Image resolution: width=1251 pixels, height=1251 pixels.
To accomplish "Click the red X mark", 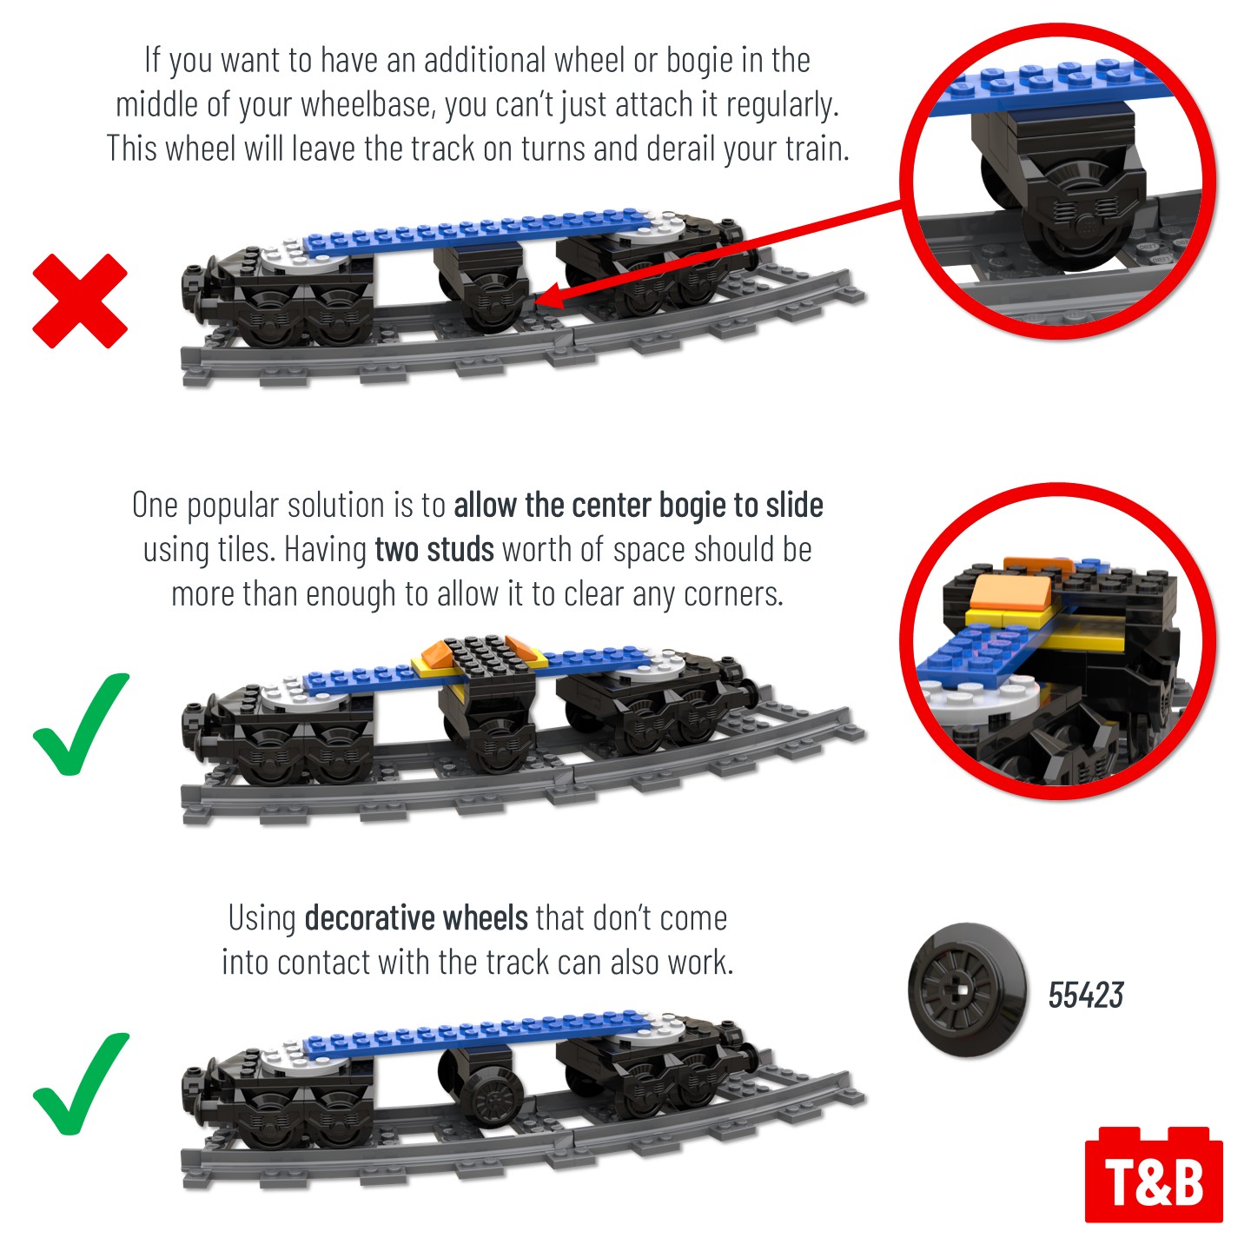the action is point(80,301).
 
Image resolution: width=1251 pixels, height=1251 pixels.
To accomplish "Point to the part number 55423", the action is point(1085,995).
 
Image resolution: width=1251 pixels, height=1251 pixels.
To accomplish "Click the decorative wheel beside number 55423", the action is point(967,990).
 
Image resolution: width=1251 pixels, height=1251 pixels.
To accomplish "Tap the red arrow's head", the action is point(552,297).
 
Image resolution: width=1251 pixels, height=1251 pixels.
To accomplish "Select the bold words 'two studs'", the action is point(434,550).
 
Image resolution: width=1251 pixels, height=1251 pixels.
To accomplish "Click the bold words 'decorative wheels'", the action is point(416,918).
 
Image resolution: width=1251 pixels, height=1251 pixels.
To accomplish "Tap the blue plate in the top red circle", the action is point(1052,83).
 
